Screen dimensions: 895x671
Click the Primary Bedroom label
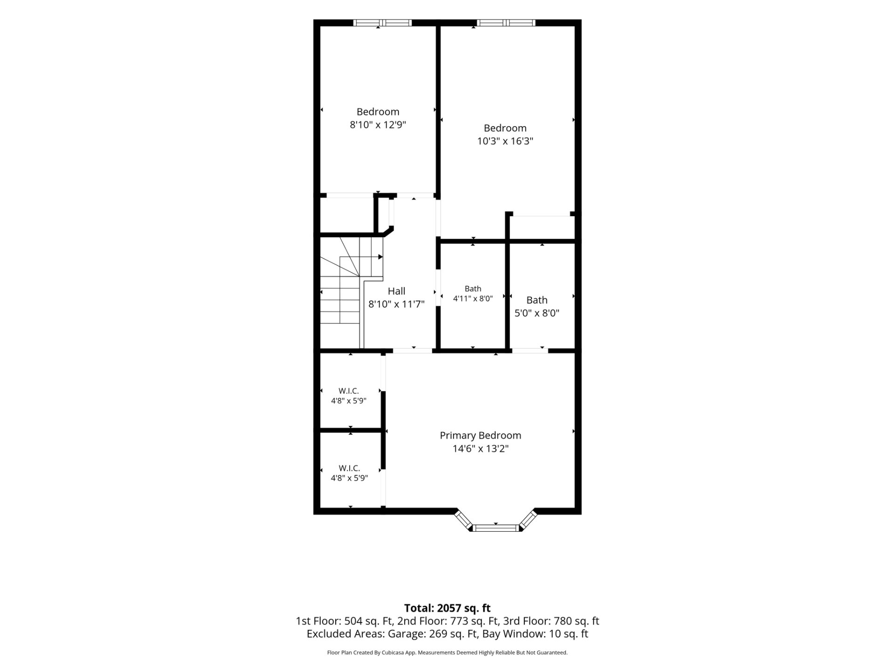pos(480,436)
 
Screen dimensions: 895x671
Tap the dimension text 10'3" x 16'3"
pos(505,141)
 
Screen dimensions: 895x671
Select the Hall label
pos(396,291)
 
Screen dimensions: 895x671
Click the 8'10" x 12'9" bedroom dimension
pos(378,125)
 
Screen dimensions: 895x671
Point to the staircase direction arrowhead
pos(380,257)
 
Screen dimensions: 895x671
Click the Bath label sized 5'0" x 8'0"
pos(537,300)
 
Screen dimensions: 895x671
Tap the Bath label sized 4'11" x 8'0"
pos(473,289)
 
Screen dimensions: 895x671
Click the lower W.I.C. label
pos(349,468)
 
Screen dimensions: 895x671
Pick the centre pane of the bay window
pos(496,527)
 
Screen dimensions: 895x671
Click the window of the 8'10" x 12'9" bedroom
pos(382,22)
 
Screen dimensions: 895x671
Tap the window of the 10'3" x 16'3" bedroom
pos(506,22)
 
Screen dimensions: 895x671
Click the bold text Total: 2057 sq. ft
pos(447,608)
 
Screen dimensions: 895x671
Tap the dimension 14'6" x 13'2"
pos(480,449)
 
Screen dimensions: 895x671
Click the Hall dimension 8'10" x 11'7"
pos(396,304)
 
